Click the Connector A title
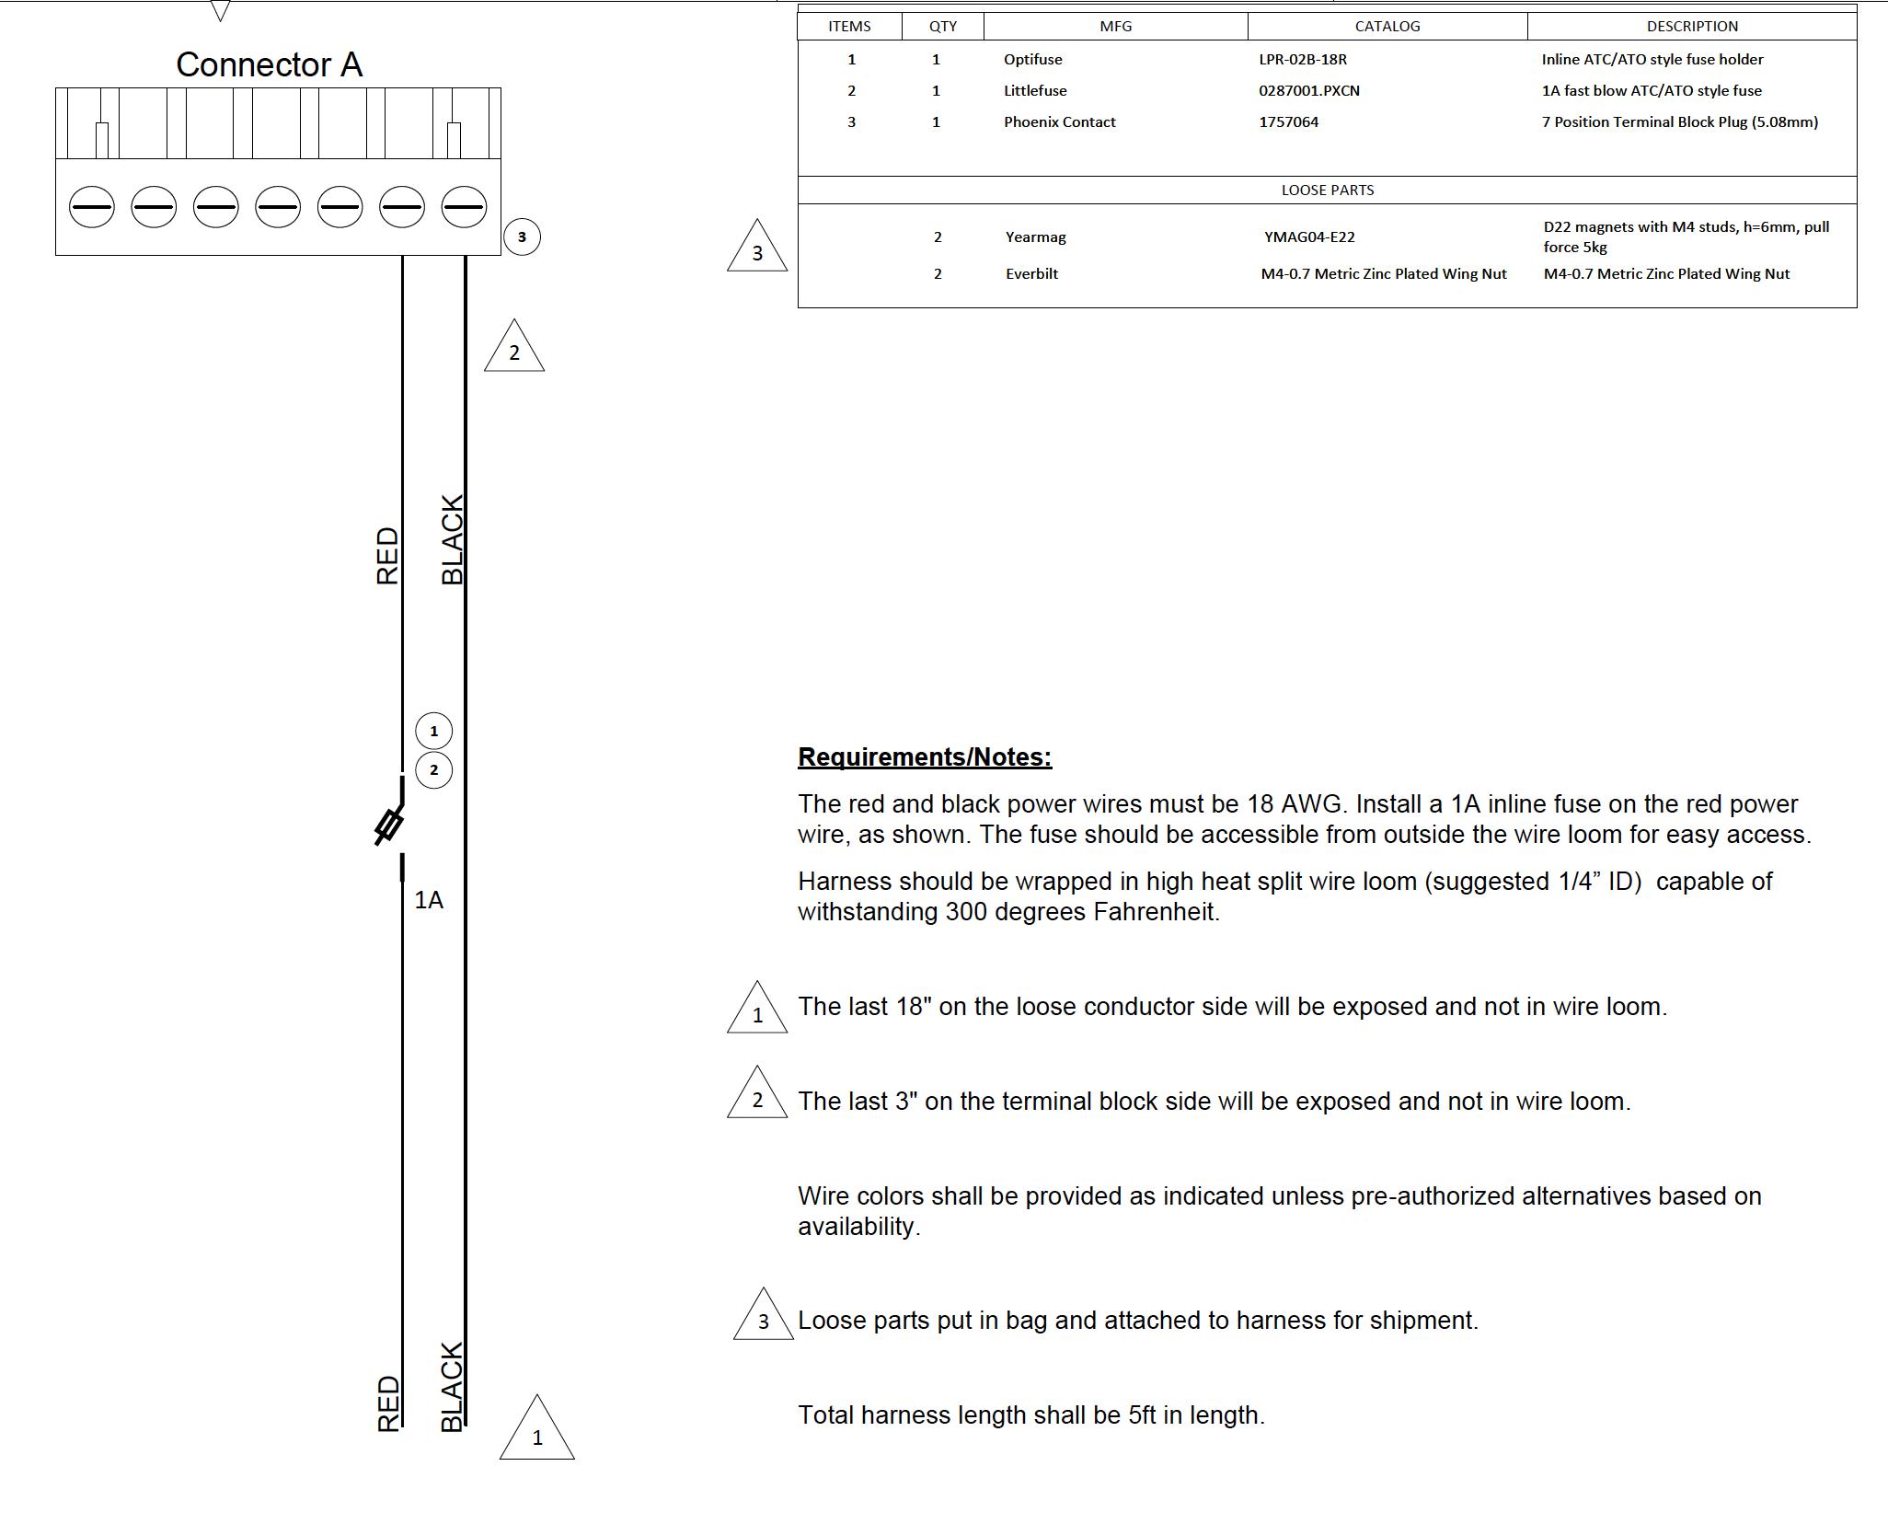pyautogui.click(x=269, y=64)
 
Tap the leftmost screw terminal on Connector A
pyautogui.click(x=92, y=206)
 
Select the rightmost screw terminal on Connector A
pyautogui.click(x=464, y=206)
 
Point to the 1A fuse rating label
pyautogui.click(x=429, y=900)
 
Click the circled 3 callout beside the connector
pyautogui.click(x=522, y=237)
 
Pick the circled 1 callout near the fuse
pyautogui.click(x=434, y=732)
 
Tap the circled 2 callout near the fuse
pyautogui.click(x=434, y=770)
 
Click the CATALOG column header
pyautogui.click(x=1387, y=27)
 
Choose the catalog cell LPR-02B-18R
pyautogui.click(x=1303, y=60)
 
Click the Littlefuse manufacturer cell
pyautogui.click(x=1035, y=91)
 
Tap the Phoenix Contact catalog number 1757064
pyautogui.click(x=1288, y=122)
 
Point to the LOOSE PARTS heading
pyautogui.click(x=1327, y=190)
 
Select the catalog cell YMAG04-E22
pyautogui.click(x=1309, y=237)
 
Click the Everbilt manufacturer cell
pyautogui.click(x=1031, y=274)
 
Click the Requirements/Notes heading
pyautogui.click(x=925, y=756)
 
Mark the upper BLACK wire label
pyautogui.click(x=452, y=540)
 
